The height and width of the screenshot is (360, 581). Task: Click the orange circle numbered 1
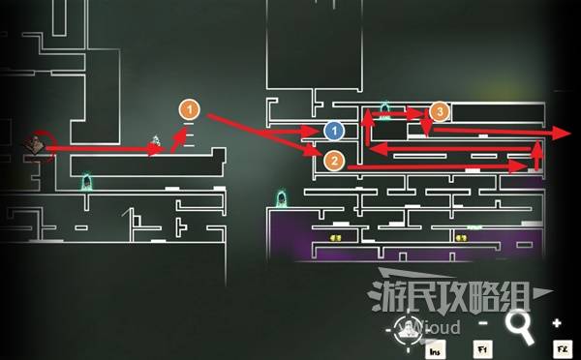click(189, 110)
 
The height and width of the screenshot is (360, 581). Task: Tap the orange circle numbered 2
click(333, 161)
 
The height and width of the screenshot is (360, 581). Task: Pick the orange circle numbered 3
click(440, 111)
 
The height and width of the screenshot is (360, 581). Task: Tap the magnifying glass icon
click(521, 327)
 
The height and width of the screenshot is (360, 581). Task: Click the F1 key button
click(481, 347)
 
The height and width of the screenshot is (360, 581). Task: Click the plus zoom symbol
click(557, 322)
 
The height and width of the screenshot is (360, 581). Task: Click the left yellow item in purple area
click(338, 238)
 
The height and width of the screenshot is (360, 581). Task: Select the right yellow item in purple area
click(462, 238)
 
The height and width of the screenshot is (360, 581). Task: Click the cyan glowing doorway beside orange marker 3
click(385, 109)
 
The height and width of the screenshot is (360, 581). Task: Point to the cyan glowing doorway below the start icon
click(86, 181)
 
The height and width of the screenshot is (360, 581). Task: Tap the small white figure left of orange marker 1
click(157, 141)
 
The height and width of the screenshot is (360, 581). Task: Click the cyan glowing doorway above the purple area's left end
click(284, 201)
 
